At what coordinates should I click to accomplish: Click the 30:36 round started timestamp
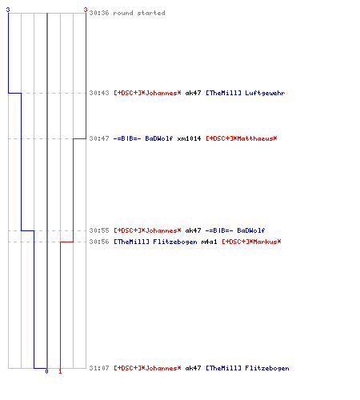tap(99, 13)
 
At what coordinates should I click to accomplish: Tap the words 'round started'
tap(139, 13)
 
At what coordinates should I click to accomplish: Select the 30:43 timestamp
tap(99, 93)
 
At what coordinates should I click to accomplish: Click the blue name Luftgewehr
tap(265, 93)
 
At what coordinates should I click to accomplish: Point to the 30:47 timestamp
tap(99, 138)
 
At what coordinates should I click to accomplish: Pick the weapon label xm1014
tap(189, 138)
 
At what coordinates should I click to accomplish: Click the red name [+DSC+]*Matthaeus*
tap(242, 138)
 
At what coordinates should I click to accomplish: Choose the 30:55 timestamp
tap(99, 230)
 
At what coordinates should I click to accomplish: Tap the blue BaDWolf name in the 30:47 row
tap(159, 138)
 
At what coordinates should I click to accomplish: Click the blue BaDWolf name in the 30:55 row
tap(251, 230)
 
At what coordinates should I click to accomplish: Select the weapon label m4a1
tap(209, 242)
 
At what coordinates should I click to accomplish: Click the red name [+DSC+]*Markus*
tap(251, 242)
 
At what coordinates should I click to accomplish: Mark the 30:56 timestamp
tap(99, 242)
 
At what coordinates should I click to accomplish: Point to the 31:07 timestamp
tap(99, 368)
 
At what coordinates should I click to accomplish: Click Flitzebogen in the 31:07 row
tap(267, 368)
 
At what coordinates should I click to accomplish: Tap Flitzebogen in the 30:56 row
tap(175, 242)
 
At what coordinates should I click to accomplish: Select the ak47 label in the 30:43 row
tap(193, 93)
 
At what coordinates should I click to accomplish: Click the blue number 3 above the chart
tap(8, 10)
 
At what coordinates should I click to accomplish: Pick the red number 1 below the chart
tap(60, 371)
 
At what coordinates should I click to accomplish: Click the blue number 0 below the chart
tap(46, 371)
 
